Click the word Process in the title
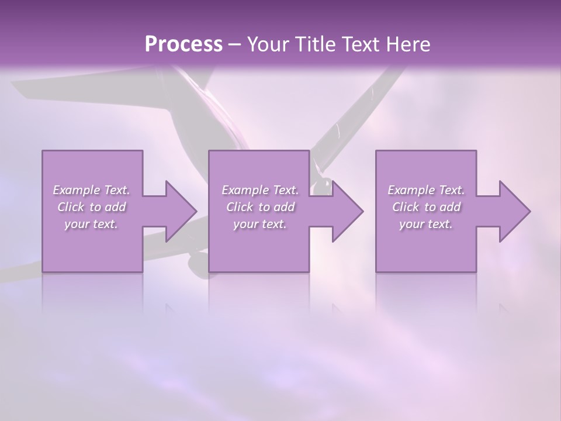(x=183, y=44)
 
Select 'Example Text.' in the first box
(x=91, y=190)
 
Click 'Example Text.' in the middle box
(x=260, y=190)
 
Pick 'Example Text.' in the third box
(x=426, y=190)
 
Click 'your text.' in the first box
(x=91, y=224)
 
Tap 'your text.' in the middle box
(x=260, y=224)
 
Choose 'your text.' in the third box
(x=426, y=224)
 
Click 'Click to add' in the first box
(x=91, y=207)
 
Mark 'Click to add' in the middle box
(x=260, y=207)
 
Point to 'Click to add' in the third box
(x=426, y=207)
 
